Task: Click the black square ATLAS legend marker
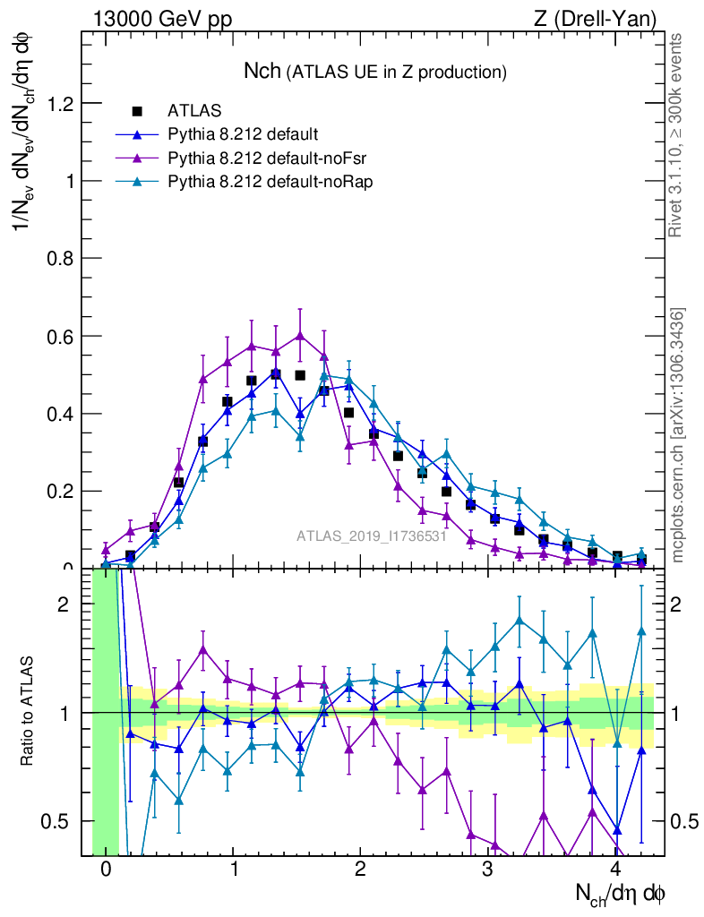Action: (x=137, y=111)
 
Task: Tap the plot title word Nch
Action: (x=262, y=72)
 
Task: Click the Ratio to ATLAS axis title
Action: (x=28, y=714)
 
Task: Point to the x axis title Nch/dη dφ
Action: (x=620, y=892)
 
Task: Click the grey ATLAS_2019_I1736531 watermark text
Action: (x=372, y=536)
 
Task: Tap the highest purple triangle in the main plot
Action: (x=300, y=336)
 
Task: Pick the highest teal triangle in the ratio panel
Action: (x=519, y=620)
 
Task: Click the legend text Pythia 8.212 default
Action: (x=243, y=134)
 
